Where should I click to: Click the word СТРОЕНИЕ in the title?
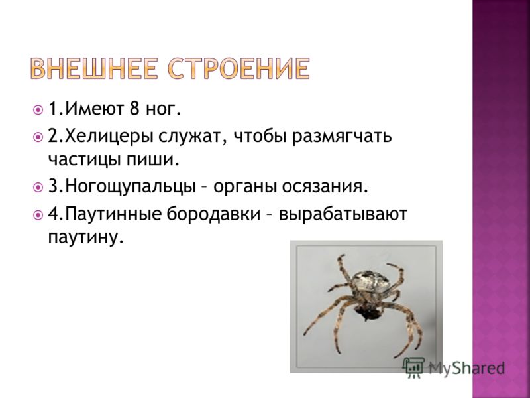[x=238, y=68]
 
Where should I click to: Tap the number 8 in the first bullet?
[x=134, y=109]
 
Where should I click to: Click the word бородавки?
[x=213, y=214]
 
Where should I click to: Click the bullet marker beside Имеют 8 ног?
[x=38, y=110]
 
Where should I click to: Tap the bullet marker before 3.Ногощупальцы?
[x=38, y=187]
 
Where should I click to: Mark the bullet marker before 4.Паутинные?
[x=38, y=214]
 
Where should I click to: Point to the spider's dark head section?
[x=366, y=310]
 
